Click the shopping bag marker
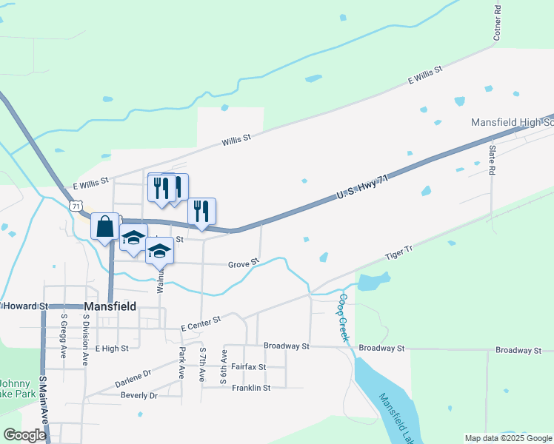tap(105, 226)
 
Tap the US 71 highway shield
tap(75, 205)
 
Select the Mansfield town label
tap(110, 306)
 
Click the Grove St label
tap(243, 263)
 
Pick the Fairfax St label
tap(249, 366)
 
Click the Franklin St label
tap(251, 387)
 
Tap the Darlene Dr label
tap(133, 379)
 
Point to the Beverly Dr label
tap(139, 396)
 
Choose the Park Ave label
tap(181, 363)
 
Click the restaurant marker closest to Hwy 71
tap(201, 211)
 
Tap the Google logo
tap(24, 434)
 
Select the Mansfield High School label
tap(513, 123)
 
